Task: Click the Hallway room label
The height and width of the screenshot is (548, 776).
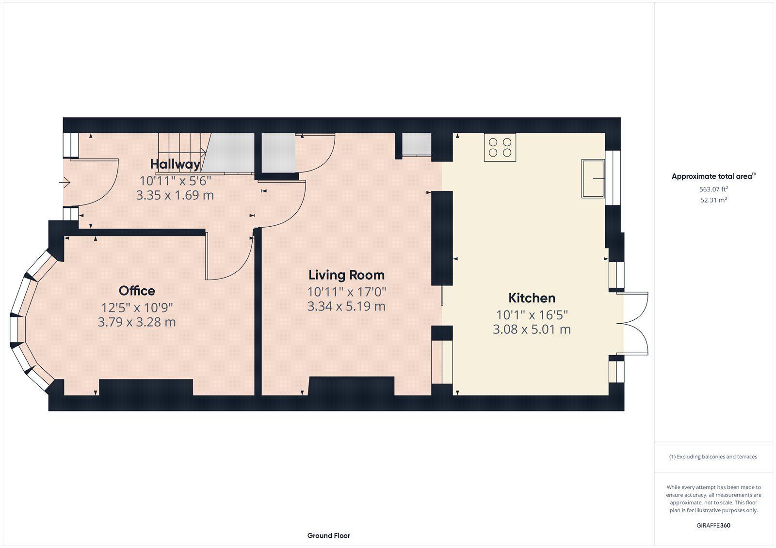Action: click(175, 164)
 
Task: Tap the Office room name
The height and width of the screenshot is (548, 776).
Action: click(137, 291)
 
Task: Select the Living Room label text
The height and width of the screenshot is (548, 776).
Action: click(346, 275)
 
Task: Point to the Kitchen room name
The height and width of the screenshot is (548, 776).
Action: click(532, 298)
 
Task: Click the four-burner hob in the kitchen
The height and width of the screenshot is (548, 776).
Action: click(500, 147)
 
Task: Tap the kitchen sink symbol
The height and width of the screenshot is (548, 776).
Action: click(593, 179)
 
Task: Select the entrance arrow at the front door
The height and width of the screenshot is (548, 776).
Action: click(65, 182)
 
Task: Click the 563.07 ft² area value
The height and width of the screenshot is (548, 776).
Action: click(713, 189)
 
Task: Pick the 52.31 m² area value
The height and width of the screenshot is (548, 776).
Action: click(713, 200)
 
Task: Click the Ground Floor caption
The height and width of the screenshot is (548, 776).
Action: click(328, 535)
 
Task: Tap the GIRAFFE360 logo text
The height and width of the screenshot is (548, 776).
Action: click(713, 525)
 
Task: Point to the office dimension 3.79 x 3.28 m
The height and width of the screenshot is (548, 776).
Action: click(137, 322)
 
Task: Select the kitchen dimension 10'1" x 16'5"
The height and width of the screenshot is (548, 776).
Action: click(532, 315)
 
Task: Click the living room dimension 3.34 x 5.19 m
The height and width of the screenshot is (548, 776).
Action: click(346, 306)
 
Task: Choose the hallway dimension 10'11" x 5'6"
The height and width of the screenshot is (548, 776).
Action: click(175, 181)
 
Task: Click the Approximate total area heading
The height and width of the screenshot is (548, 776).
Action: click(713, 176)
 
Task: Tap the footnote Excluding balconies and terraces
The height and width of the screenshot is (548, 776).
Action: click(713, 456)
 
